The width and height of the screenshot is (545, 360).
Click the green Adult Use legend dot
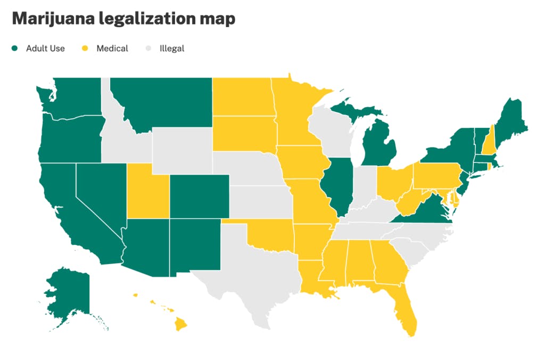[x=15, y=48]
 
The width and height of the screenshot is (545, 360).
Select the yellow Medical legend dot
[x=85, y=48]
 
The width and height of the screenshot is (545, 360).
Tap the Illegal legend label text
[x=171, y=48]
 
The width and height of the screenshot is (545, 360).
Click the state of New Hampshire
[x=493, y=141]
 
